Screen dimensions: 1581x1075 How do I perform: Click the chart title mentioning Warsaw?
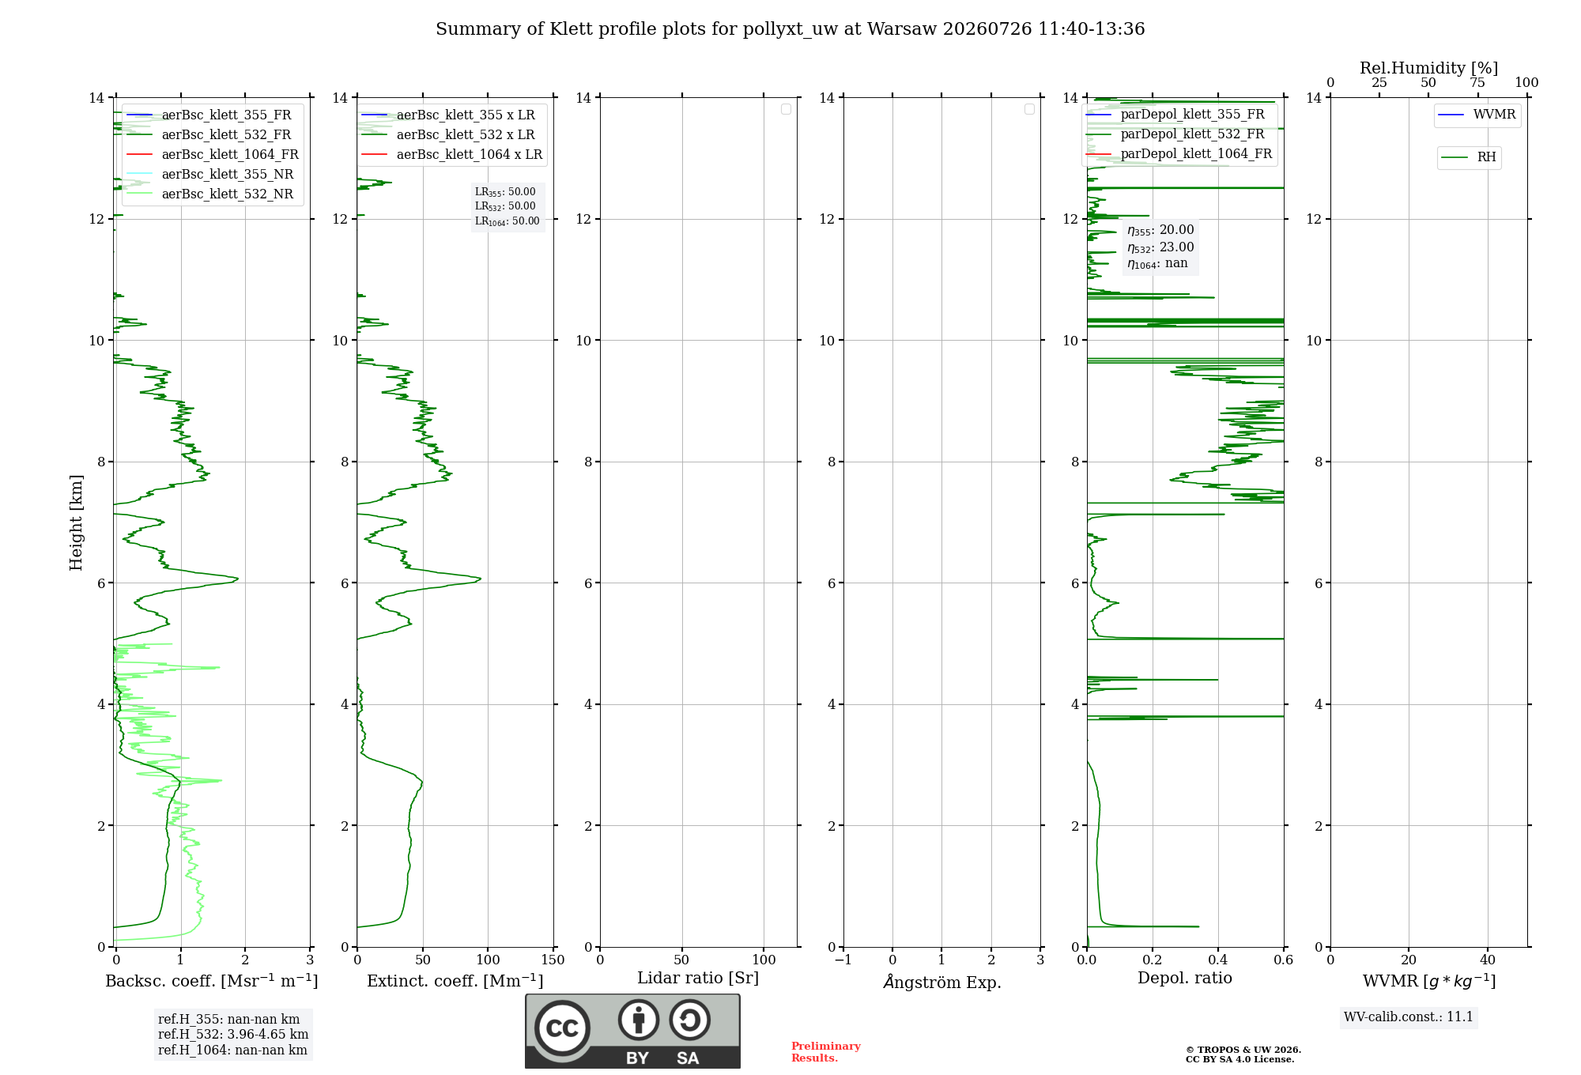[x=790, y=29]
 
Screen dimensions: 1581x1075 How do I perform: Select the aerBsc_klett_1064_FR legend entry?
[x=212, y=154]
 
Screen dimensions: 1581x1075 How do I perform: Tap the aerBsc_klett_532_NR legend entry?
[x=209, y=194]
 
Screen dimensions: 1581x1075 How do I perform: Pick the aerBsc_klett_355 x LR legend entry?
[x=448, y=115]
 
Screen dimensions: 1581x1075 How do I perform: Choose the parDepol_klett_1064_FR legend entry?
[x=1179, y=153]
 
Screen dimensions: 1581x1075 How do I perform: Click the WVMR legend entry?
[x=1477, y=115]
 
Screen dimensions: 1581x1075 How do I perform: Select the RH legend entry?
[x=1469, y=157]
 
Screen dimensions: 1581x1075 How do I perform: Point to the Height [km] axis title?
[x=76, y=522]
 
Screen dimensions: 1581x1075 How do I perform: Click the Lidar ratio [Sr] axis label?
[x=698, y=978]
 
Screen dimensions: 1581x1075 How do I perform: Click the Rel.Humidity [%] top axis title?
[x=1428, y=68]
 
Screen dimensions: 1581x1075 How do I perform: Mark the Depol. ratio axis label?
[x=1185, y=978]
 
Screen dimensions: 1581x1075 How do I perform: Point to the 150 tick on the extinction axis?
[x=553, y=960]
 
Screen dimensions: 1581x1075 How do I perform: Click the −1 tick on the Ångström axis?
[x=843, y=960]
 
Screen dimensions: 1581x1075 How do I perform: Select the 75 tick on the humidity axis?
[x=1477, y=83]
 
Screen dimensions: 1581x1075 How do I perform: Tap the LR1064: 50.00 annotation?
[x=507, y=221]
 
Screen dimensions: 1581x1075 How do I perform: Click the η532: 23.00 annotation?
[x=1160, y=247]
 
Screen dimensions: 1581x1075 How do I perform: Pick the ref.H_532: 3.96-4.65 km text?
[x=233, y=1034]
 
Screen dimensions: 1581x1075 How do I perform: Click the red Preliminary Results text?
[x=825, y=1052]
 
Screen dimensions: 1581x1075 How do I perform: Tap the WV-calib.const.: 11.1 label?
[x=1409, y=1017]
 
